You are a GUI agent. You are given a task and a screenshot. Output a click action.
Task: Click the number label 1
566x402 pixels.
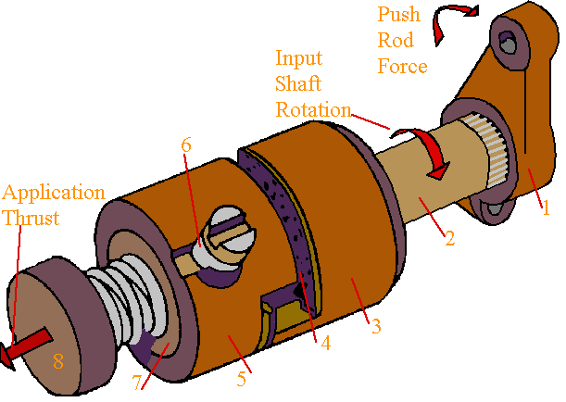pyautogui.click(x=546, y=207)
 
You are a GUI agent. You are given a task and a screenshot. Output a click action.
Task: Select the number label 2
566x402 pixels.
pyautogui.click(x=449, y=238)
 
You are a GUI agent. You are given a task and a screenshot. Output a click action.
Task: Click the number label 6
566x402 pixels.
pyautogui.click(x=186, y=144)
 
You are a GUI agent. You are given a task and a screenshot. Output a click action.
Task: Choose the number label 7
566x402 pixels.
pyautogui.click(x=140, y=383)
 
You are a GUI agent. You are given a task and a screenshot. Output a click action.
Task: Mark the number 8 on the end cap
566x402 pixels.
pyautogui.click(x=57, y=361)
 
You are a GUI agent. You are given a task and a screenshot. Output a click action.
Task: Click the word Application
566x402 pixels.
pyautogui.click(x=54, y=194)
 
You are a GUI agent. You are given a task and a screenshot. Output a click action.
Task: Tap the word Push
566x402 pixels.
pyautogui.click(x=398, y=16)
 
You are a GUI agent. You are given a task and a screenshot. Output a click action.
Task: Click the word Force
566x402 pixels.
pyautogui.click(x=402, y=67)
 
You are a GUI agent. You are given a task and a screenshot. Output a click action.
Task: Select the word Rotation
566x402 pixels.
pyautogui.click(x=313, y=107)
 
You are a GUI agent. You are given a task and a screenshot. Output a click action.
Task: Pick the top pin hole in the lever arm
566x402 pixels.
pyautogui.click(x=506, y=42)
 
